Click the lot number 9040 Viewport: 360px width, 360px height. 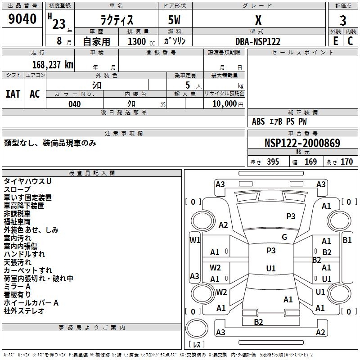click(x=22, y=18)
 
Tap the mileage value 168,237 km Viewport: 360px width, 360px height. click(x=53, y=65)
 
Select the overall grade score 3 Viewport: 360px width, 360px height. click(x=343, y=20)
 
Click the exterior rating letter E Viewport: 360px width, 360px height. click(x=335, y=41)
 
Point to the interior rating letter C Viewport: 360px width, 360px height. click(x=350, y=41)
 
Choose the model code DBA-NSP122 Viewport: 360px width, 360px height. click(x=258, y=41)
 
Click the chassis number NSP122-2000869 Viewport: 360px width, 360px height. click(x=302, y=143)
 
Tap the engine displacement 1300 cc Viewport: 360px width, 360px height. click(x=141, y=41)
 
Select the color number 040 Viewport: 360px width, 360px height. click(x=74, y=104)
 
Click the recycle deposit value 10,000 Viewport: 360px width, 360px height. click(x=224, y=104)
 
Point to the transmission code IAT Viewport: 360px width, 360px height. click(x=13, y=94)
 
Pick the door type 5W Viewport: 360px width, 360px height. click(x=174, y=20)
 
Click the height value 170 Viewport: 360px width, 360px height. click(x=346, y=162)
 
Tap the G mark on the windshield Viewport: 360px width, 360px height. click(x=284, y=237)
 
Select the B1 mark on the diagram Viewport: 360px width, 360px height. click(x=347, y=240)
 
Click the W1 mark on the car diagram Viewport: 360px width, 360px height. click(x=195, y=240)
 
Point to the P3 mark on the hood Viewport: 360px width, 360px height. click(x=291, y=216)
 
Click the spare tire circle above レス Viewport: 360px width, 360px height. click(x=197, y=328)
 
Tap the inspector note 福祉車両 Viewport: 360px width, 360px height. click(x=17, y=222)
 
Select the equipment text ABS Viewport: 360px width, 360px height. click(x=258, y=121)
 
